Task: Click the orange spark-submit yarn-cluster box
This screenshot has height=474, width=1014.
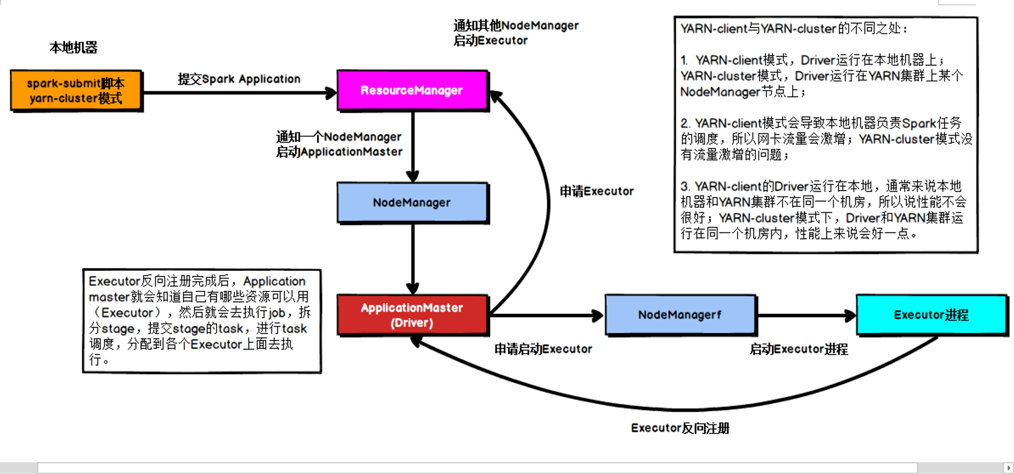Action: tap(76, 90)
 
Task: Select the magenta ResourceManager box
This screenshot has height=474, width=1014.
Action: tap(412, 90)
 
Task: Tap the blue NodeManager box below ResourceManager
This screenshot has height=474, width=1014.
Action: tap(412, 202)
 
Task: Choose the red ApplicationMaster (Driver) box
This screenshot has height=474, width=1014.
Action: tap(412, 315)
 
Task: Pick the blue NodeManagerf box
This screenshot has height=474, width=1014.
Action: tap(680, 315)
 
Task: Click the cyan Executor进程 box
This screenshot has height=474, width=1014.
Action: tap(931, 315)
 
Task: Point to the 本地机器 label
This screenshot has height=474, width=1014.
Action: tap(74, 48)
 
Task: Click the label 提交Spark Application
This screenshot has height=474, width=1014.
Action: tap(239, 79)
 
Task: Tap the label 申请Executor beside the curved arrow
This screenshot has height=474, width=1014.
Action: tap(596, 192)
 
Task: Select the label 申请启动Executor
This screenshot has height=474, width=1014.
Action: tap(543, 349)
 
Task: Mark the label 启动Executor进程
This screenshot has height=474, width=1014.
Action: tap(799, 349)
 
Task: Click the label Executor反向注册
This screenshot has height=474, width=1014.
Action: tap(680, 428)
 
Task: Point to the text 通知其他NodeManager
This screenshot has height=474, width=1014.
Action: tap(516, 26)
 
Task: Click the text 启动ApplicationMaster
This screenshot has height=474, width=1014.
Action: tap(339, 152)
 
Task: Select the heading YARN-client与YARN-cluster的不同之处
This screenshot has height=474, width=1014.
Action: tap(793, 29)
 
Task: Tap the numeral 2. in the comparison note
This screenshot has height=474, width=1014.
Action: tap(686, 123)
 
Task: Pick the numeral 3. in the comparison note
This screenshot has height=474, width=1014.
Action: tap(686, 187)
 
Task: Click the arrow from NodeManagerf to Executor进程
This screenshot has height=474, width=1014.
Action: tap(806, 315)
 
